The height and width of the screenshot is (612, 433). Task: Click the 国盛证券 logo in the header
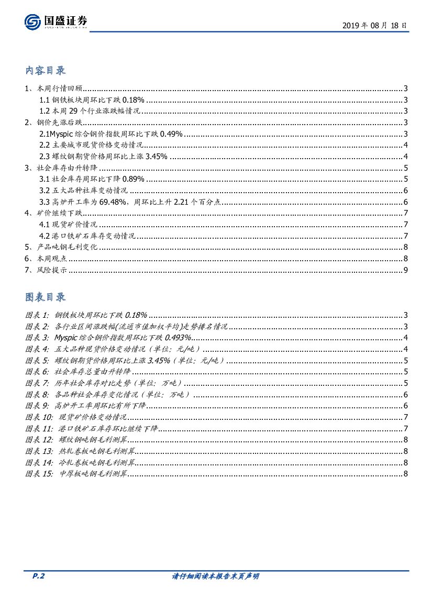[x=56, y=21]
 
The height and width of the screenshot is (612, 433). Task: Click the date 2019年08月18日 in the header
[x=374, y=25]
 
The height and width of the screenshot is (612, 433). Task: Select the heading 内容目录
[x=46, y=70]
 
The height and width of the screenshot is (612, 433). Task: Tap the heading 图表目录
[x=46, y=297]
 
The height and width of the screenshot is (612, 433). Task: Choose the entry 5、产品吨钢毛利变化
[x=61, y=247]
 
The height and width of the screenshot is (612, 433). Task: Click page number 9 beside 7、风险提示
[x=405, y=270]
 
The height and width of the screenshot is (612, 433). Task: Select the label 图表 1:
[x=37, y=315]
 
